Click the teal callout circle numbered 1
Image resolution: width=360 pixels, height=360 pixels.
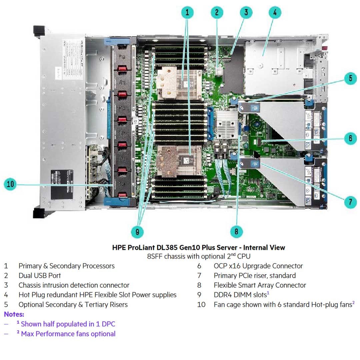tap(187, 13)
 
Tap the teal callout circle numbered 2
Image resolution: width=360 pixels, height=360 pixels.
tap(217, 13)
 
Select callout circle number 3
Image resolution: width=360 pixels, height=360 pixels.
tap(246, 13)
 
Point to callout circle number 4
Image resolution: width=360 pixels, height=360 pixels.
tap(275, 13)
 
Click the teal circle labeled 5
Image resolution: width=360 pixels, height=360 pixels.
tap(350, 79)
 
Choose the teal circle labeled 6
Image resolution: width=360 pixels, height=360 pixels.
tap(350, 138)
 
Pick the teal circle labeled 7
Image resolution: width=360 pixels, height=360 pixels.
tap(350, 201)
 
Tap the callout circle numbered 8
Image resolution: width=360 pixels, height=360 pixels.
tap(236, 231)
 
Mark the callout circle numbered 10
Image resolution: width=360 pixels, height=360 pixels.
tap(11, 184)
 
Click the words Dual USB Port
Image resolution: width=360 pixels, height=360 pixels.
tap(40, 276)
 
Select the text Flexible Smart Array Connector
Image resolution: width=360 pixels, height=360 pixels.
tap(260, 285)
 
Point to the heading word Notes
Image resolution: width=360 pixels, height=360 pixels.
tap(14, 314)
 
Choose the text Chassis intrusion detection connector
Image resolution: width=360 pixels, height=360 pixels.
tap(74, 285)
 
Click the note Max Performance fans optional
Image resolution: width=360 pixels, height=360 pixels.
tap(68, 334)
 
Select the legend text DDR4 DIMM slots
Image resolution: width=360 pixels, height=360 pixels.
tap(240, 295)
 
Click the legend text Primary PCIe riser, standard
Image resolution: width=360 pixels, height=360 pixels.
tap(255, 276)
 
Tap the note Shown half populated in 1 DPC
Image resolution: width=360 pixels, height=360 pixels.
tap(68, 324)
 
